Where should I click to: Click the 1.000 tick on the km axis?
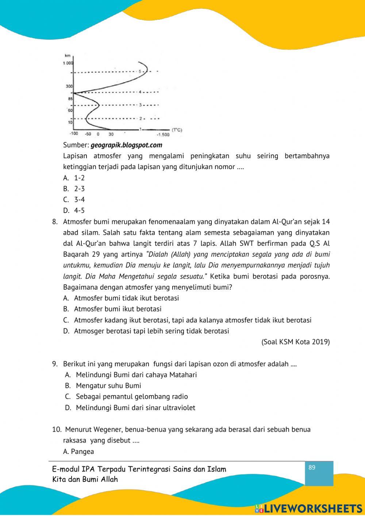[x=68, y=63]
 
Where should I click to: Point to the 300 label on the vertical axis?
[x=69, y=86]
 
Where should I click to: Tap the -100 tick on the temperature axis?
[x=74, y=134]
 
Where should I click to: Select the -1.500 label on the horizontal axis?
[x=163, y=135]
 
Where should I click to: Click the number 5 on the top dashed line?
[x=139, y=72]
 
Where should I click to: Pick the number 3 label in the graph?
[x=140, y=105]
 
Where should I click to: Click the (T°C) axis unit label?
[x=177, y=130]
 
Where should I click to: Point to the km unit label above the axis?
[x=68, y=56]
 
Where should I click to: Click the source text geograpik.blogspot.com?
[x=126, y=145]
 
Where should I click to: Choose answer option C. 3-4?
[x=74, y=199]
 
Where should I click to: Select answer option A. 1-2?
[x=74, y=178]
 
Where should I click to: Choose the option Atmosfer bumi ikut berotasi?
[x=118, y=309]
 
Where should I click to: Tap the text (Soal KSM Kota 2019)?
[x=295, y=342]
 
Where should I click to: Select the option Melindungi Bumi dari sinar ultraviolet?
[x=135, y=408]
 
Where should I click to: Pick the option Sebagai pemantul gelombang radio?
[x=132, y=397]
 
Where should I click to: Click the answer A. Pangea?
[x=78, y=451]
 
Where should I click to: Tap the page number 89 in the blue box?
[x=312, y=468]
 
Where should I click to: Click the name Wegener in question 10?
[x=107, y=429]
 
